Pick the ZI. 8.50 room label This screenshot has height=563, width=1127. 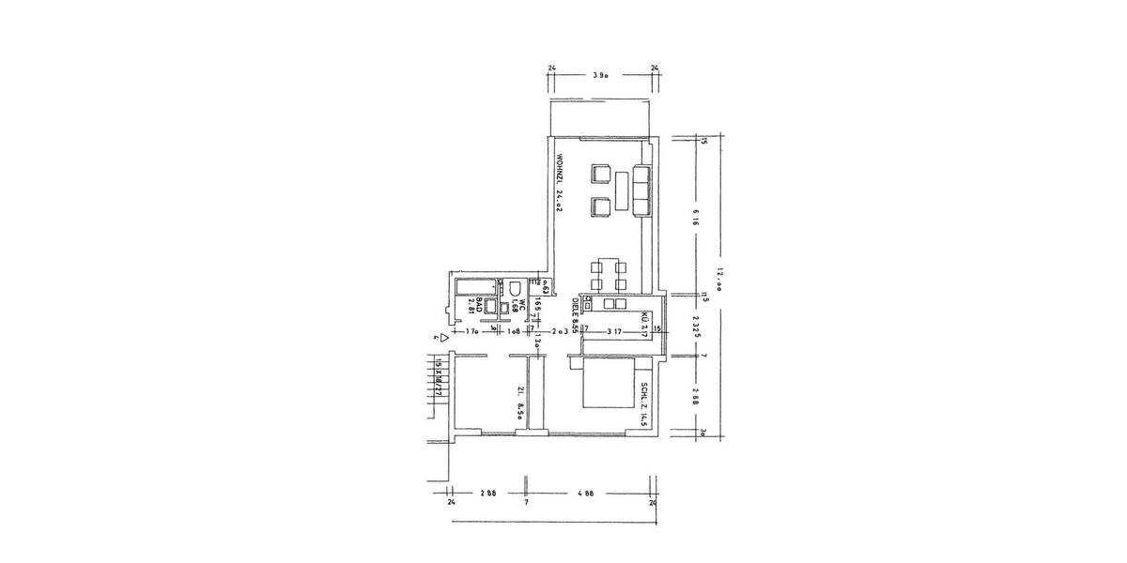point(519,405)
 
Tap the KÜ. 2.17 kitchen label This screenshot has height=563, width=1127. point(646,324)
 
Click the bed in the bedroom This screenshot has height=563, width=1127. point(608,386)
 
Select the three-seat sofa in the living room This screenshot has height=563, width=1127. point(642,191)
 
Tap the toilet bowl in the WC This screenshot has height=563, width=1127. point(516,288)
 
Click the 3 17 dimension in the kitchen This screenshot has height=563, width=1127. point(615,330)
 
